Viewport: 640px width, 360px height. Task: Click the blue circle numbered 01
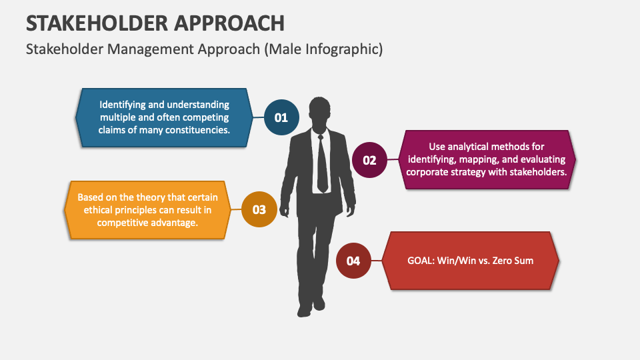click(281, 117)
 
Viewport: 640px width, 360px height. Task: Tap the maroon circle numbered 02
click(369, 160)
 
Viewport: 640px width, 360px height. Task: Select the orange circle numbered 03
click(259, 210)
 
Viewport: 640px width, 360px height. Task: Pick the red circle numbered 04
click(353, 261)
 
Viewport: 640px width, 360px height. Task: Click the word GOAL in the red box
click(420, 260)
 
